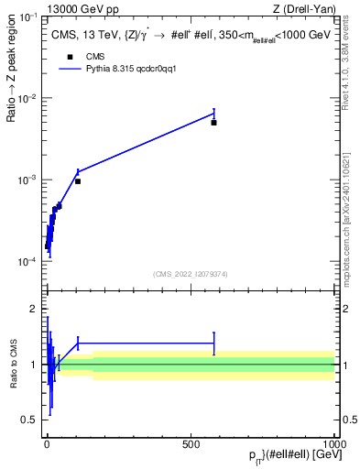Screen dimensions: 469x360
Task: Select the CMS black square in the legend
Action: [x=70, y=57]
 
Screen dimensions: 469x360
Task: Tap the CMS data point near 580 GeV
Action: [x=213, y=122]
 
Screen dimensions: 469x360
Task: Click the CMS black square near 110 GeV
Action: [x=78, y=181]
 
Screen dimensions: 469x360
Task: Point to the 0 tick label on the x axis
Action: [x=47, y=443]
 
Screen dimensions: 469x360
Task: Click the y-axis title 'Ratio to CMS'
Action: [x=14, y=364]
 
